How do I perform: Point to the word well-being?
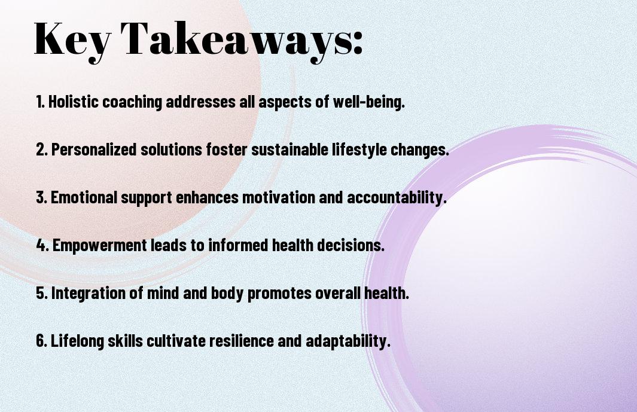[x=369, y=102]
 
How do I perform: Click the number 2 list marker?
[x=41, y=149]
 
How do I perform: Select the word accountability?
[x=397, y=198]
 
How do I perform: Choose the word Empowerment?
[x=100, y=246]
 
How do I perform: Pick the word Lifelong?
[x=77, y=341]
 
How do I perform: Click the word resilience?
[x=241, y=341]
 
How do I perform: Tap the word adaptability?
[x=348, y=341]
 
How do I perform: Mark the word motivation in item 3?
[x=279, y=197]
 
